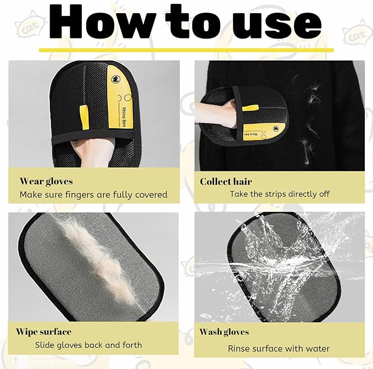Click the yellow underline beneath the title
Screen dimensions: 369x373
click(186, 50)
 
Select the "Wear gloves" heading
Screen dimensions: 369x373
click(46, 181)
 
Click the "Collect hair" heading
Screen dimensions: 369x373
click(226, 181)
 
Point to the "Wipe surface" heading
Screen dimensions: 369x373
click(43, 332)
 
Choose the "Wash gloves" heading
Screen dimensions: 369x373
click(224, 332)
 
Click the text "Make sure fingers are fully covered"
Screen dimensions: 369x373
click(93, 194)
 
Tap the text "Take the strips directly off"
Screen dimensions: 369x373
click(279, 194)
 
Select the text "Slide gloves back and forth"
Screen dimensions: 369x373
click(88, 345)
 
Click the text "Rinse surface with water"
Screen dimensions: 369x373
click(279, 348)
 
